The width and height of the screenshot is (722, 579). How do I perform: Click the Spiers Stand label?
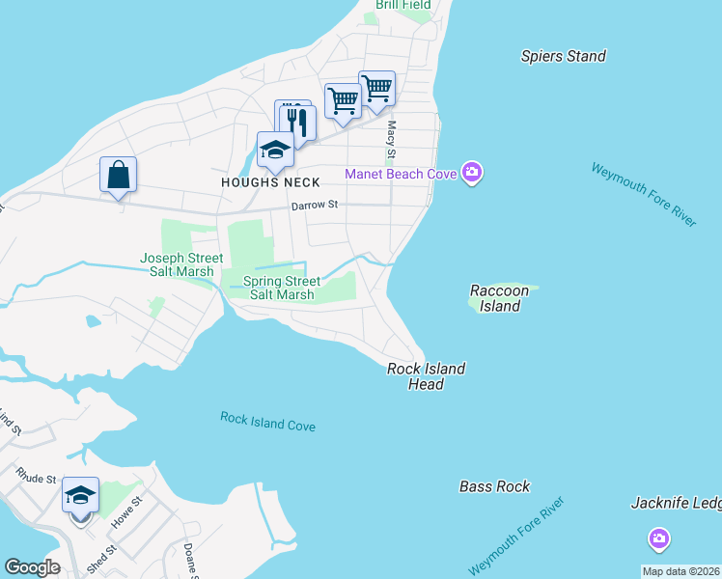(563, 56)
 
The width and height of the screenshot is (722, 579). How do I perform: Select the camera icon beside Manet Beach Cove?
(472, 174)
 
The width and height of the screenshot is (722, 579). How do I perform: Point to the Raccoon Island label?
(500, 298)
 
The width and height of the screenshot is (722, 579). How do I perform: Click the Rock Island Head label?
(426, 376)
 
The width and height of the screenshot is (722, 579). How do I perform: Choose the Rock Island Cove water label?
(267, 422)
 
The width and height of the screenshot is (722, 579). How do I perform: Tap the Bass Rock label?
(494, 486)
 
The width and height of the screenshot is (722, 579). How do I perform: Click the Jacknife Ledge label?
(676, 503)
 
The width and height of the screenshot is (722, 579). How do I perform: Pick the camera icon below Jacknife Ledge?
(659, 538)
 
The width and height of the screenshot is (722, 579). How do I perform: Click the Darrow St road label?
(315, 206)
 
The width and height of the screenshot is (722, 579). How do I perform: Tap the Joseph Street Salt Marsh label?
(181, 264)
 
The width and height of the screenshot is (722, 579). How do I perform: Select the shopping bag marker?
(118, 176)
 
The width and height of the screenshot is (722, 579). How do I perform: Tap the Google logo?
(32, 567)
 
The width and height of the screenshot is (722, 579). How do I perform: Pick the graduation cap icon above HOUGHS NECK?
(275, 150)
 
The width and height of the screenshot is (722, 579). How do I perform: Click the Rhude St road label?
(37, 477)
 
